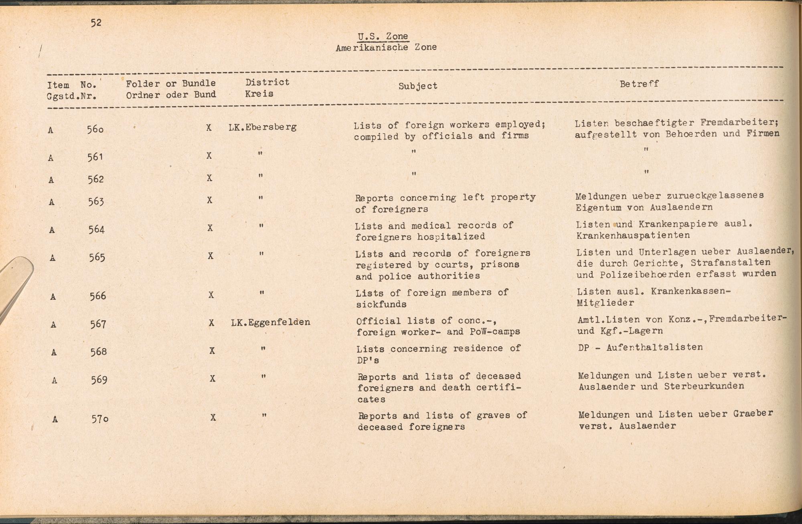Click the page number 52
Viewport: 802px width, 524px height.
tap(96, 23)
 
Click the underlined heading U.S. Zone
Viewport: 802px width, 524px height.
tap(383, 36)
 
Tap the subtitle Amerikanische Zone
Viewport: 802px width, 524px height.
tap(386, 48)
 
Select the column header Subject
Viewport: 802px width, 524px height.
tap(417, 86)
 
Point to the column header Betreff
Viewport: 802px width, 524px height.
tap(639, 84)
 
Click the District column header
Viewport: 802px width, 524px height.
tap(267, 82)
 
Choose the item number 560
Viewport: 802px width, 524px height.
tap(95, 129)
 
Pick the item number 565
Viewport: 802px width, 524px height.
tap(97, 257)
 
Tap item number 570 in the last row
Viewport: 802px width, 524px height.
tap(99, 419)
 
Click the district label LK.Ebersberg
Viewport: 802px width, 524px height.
tap(262, 127)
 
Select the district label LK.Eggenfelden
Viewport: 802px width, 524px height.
tap(270, 322)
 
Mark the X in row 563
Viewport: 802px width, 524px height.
tap(209, 200)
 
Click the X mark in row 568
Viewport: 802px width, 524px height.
tap(212, 351)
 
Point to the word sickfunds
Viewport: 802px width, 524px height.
tap(381, 304)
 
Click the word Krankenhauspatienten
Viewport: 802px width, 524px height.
tap(633, 235)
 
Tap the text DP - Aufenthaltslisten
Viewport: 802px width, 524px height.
tap(640, 347)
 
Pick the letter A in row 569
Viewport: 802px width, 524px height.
tap(54, 380)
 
